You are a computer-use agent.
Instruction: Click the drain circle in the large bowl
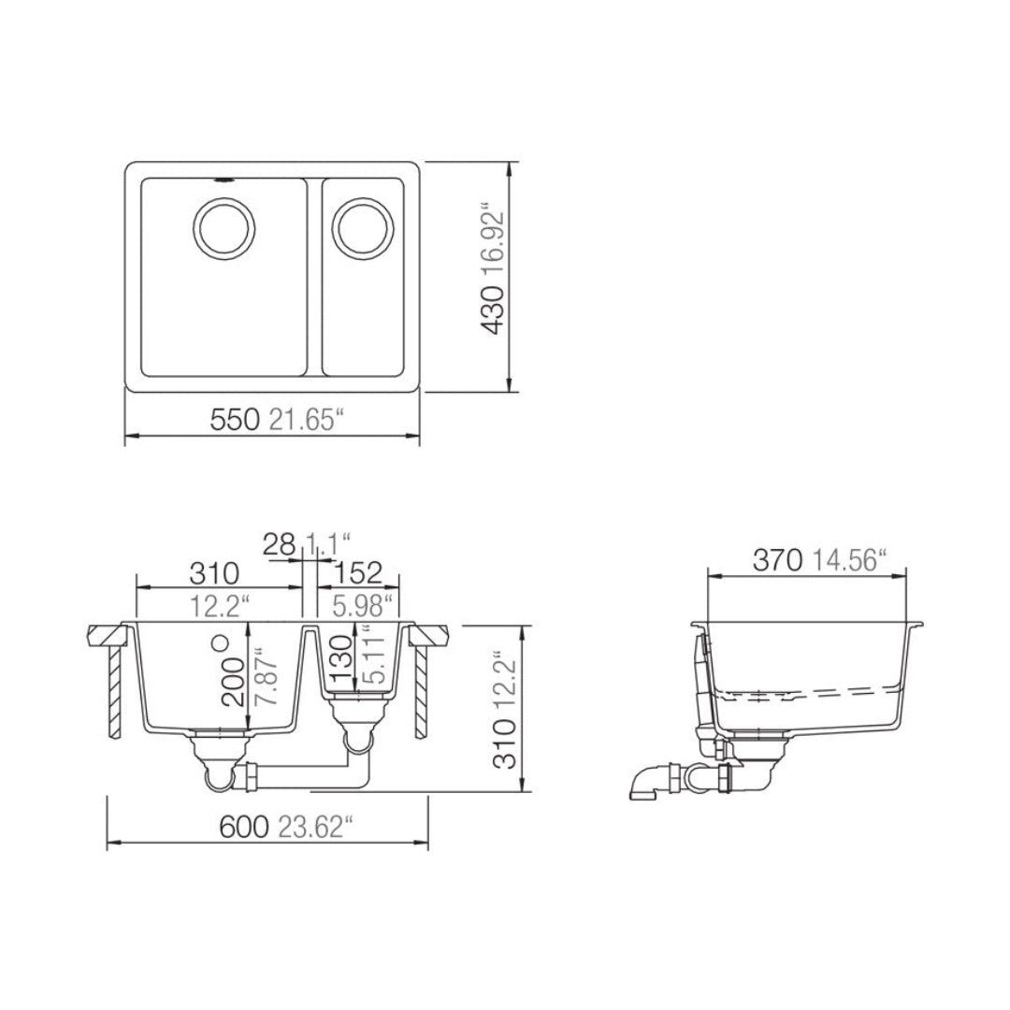point(224,225)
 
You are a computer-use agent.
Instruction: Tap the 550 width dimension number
point(234,420)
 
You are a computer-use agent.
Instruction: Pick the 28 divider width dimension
point(279,544)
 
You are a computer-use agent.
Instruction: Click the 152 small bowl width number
point(359,571)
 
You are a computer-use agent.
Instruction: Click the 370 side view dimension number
point(778,560)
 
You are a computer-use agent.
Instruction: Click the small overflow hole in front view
point(222,642)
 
